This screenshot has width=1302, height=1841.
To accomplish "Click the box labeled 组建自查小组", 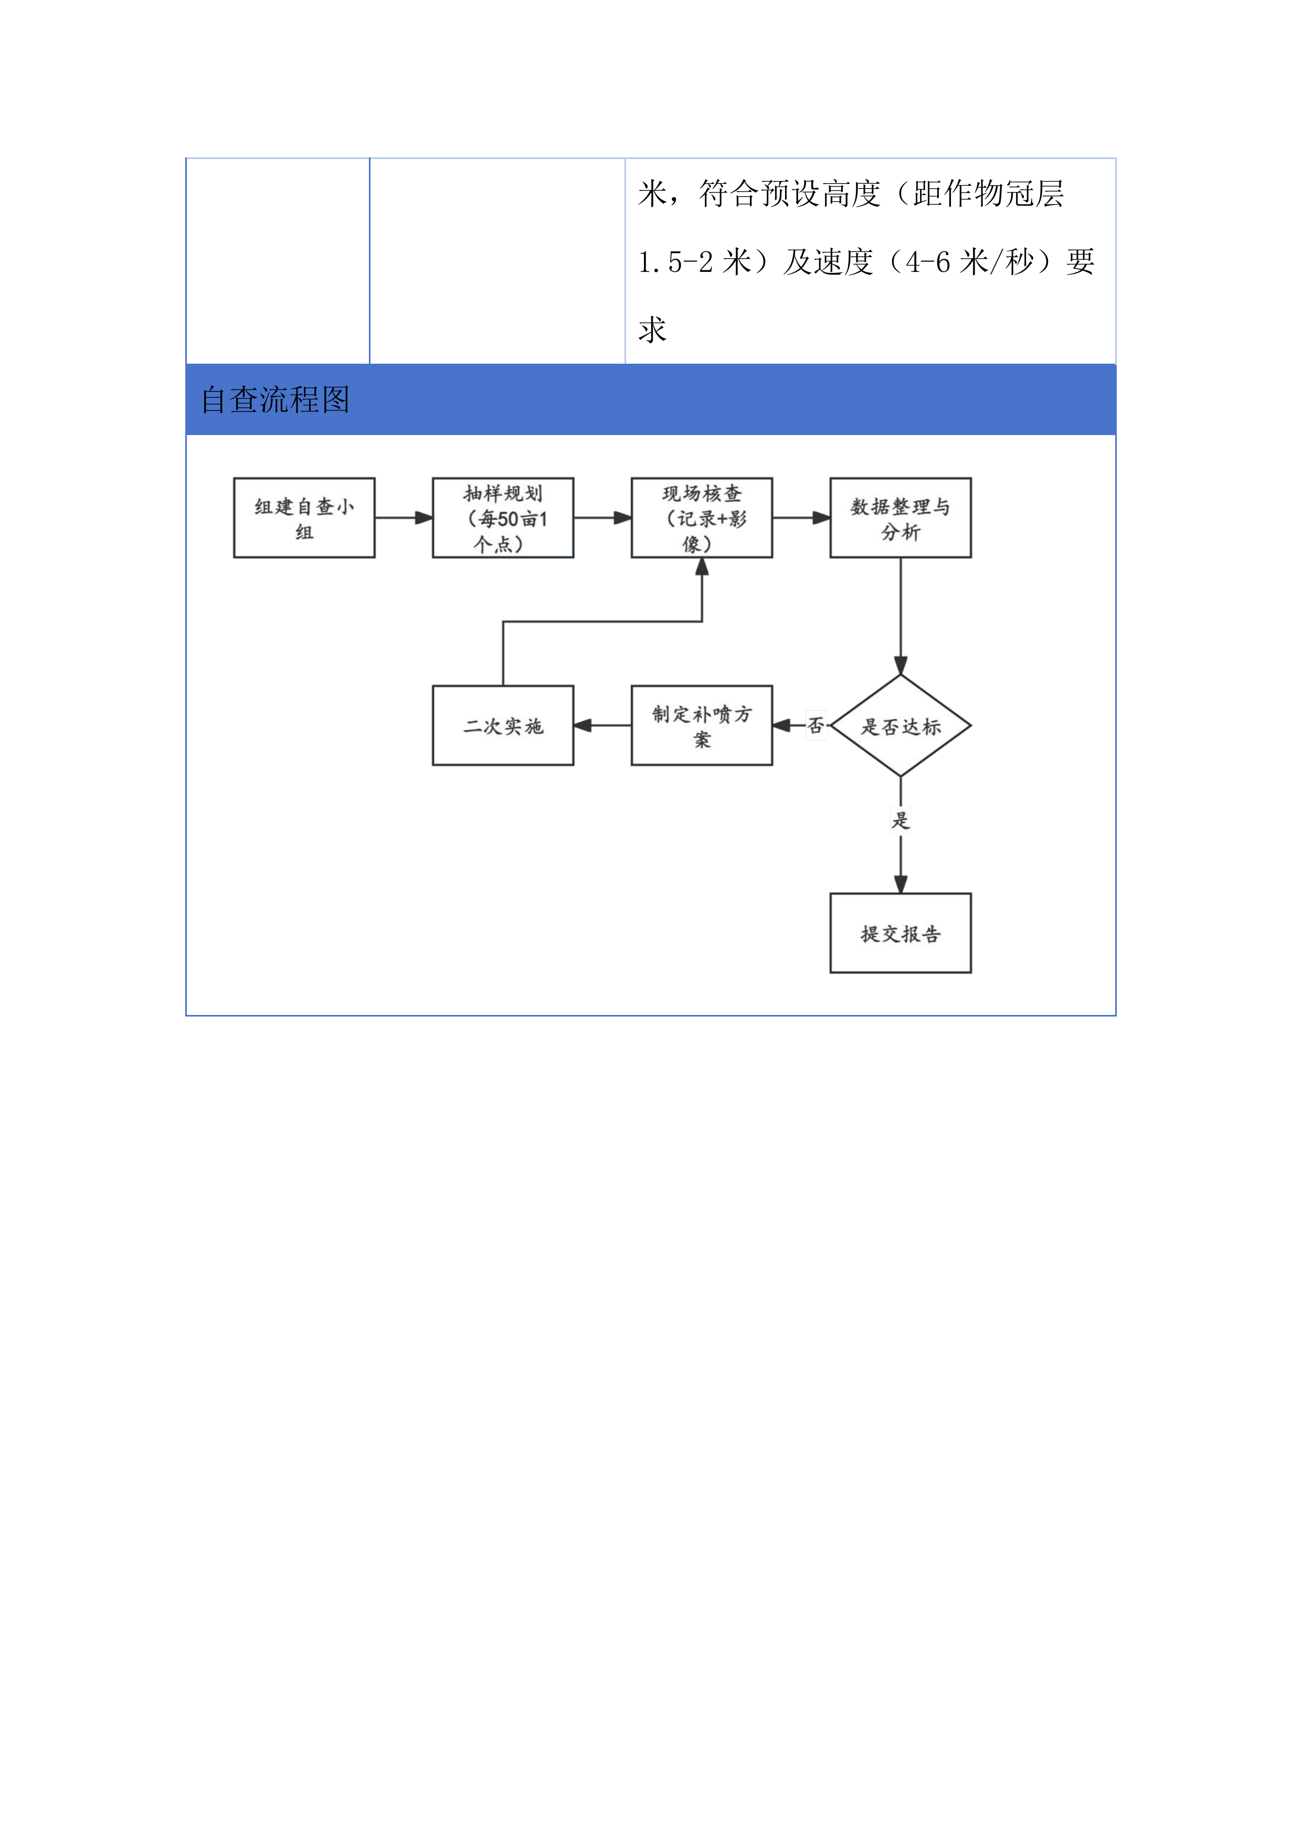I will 304,518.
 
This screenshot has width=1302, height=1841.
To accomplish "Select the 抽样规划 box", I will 503,518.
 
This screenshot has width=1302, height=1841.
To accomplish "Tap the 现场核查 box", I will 702,518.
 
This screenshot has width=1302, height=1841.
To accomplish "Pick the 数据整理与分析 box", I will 901,518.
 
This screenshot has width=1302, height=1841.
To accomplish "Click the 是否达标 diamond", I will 901,726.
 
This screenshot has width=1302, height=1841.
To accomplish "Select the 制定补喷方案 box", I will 702,726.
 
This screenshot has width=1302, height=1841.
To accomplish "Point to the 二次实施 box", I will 503,726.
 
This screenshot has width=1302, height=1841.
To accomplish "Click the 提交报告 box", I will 901,933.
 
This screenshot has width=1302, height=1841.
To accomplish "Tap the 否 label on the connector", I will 816,726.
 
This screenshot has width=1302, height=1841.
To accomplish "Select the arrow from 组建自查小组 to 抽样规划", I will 403,518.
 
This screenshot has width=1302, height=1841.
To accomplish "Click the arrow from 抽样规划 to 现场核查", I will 602,518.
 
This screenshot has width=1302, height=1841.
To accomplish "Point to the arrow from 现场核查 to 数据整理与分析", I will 801,518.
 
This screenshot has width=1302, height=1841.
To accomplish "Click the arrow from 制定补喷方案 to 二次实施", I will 602,726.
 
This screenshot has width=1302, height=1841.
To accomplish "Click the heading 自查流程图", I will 275,399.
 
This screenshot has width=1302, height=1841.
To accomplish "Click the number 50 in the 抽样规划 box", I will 509,520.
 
